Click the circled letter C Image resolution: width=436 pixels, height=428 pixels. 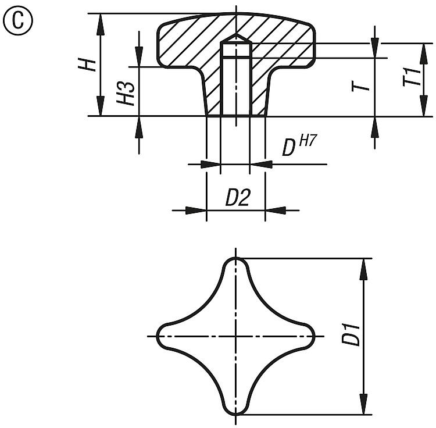18,21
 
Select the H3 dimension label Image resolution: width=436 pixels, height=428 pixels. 126,94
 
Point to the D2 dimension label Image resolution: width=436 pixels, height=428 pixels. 237,198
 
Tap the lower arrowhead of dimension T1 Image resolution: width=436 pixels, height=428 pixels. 423,106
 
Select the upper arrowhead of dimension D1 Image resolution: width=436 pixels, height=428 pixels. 363,269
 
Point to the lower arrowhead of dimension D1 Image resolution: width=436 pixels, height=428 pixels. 363,404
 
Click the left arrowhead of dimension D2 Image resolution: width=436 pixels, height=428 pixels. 196,211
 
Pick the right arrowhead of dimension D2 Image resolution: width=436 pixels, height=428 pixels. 276,211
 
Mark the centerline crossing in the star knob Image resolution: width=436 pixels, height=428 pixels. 236,337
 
